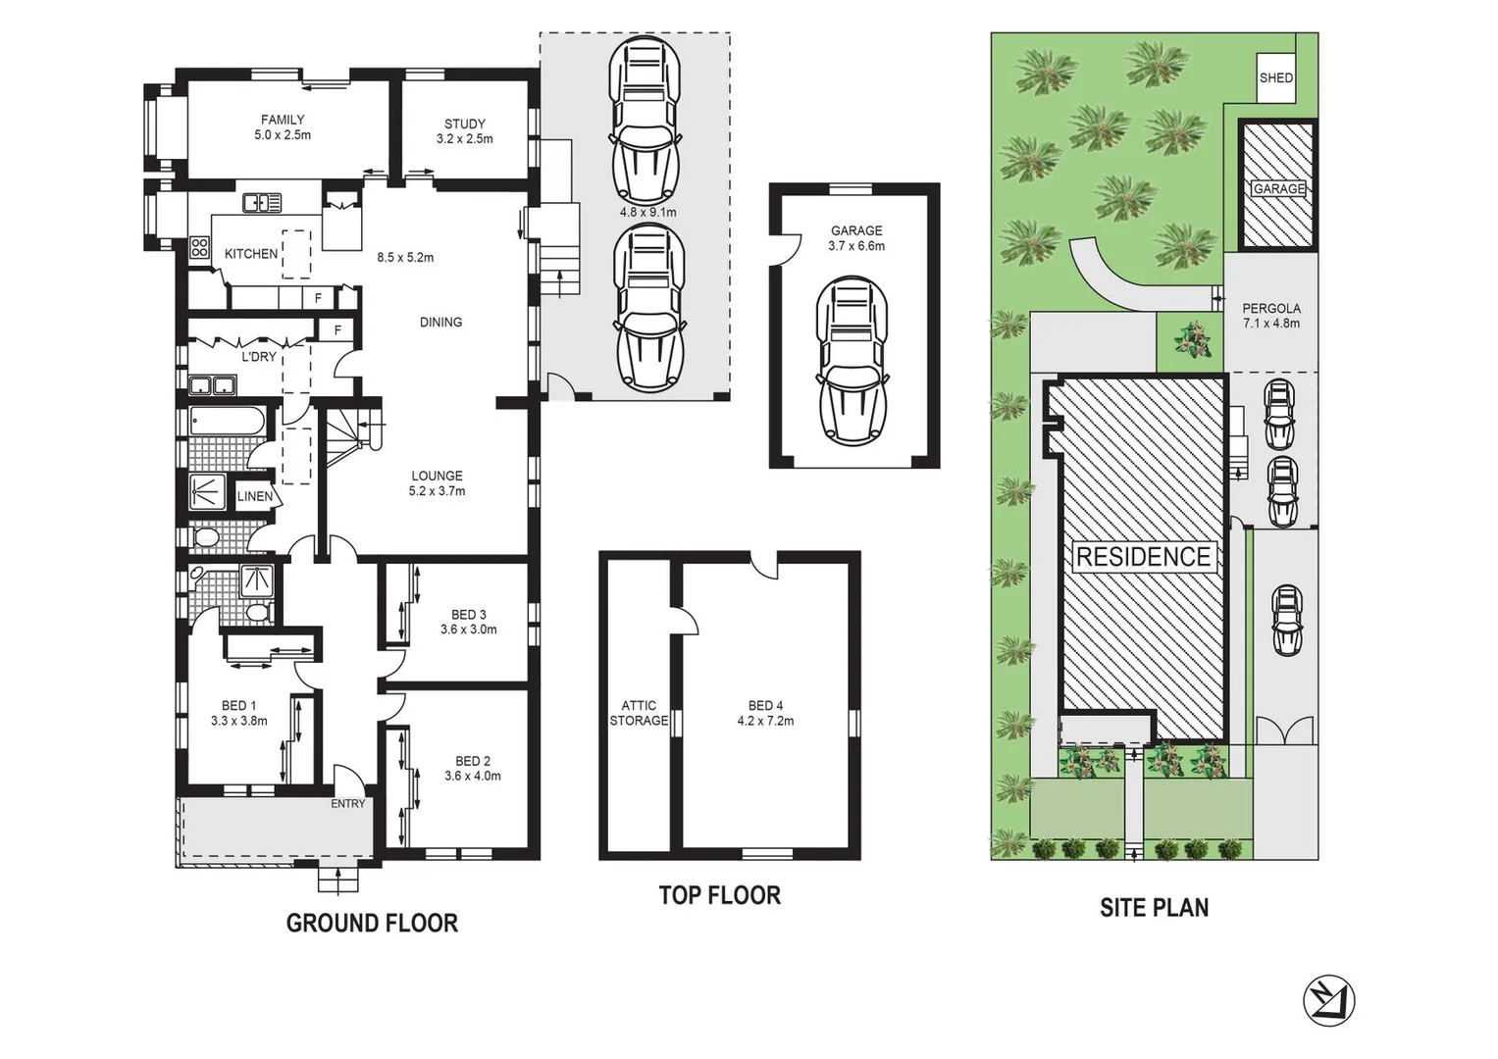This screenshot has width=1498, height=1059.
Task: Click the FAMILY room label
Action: click(283, 120)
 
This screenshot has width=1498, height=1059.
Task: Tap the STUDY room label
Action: click(464, 124)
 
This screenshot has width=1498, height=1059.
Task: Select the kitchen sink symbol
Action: click(262, 203)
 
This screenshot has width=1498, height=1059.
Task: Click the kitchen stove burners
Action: click(199, 247)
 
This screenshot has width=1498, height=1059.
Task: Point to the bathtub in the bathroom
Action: click(226, 423)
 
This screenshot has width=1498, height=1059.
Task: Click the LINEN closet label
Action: click(255, 496)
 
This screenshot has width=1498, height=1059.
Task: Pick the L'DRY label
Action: click(259, 357)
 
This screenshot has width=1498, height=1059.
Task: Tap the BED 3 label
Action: click(469, 615)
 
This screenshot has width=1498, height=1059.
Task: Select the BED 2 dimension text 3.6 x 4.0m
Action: click(473, 776)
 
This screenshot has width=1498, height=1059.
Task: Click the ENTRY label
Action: click(347, 803)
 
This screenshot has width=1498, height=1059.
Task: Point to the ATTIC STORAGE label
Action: click(639, 713)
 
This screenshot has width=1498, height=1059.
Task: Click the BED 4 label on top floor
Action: click(765, 705)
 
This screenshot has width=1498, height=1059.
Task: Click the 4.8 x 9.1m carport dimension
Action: click(647, 212)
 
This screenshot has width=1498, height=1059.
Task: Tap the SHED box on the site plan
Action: click(1275, 78)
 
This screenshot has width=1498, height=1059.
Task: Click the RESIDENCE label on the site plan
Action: click(1143, 557)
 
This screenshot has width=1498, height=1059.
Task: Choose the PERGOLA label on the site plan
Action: click(1270, 308)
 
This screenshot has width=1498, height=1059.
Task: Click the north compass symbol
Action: click(1328, 1002)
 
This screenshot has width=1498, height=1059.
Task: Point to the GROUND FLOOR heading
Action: click(372, 923)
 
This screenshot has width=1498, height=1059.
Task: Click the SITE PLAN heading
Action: click(1154, 908)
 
